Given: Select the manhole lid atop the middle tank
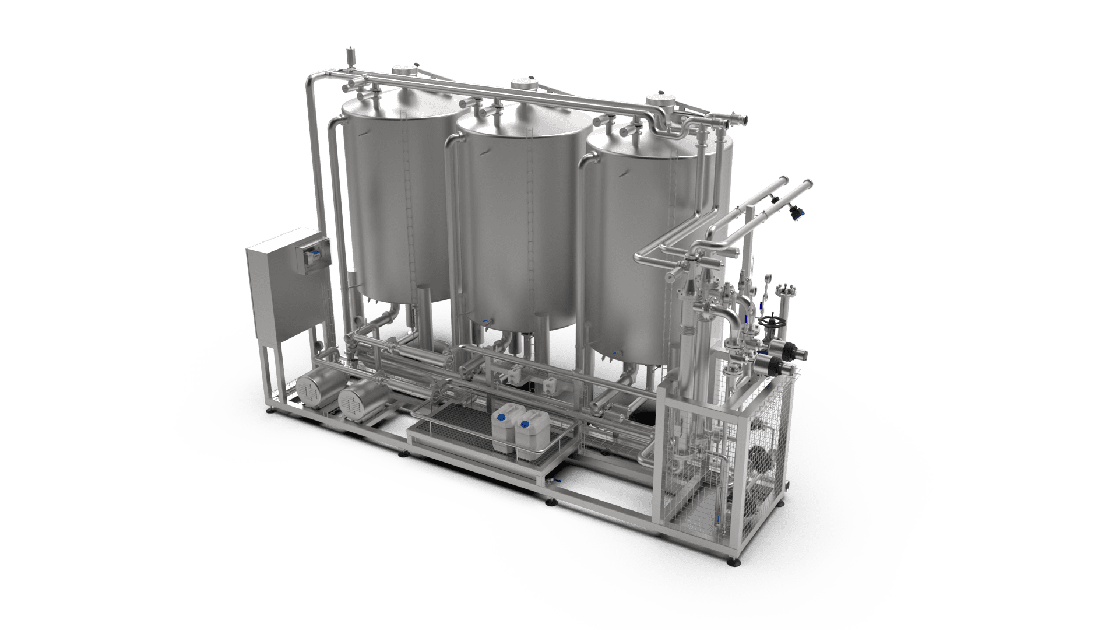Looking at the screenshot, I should [523, 85].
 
